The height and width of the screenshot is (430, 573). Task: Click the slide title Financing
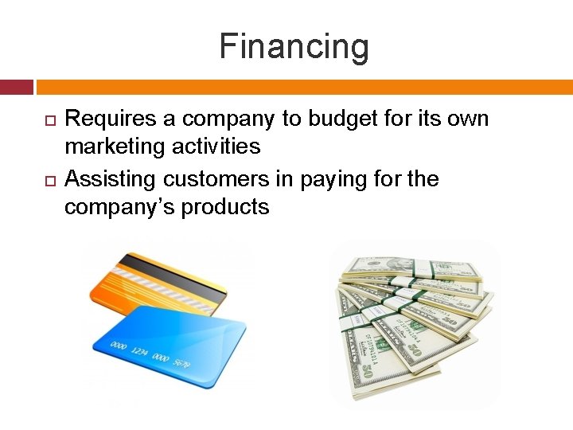click(294, 46)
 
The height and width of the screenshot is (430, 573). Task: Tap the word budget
click(337, 119)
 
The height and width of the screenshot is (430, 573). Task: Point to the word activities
click(220, 147)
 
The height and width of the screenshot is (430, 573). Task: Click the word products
click(225, 208)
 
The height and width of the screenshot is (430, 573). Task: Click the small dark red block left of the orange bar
click(16, 87)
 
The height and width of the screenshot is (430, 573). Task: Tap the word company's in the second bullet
click(119, 208)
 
